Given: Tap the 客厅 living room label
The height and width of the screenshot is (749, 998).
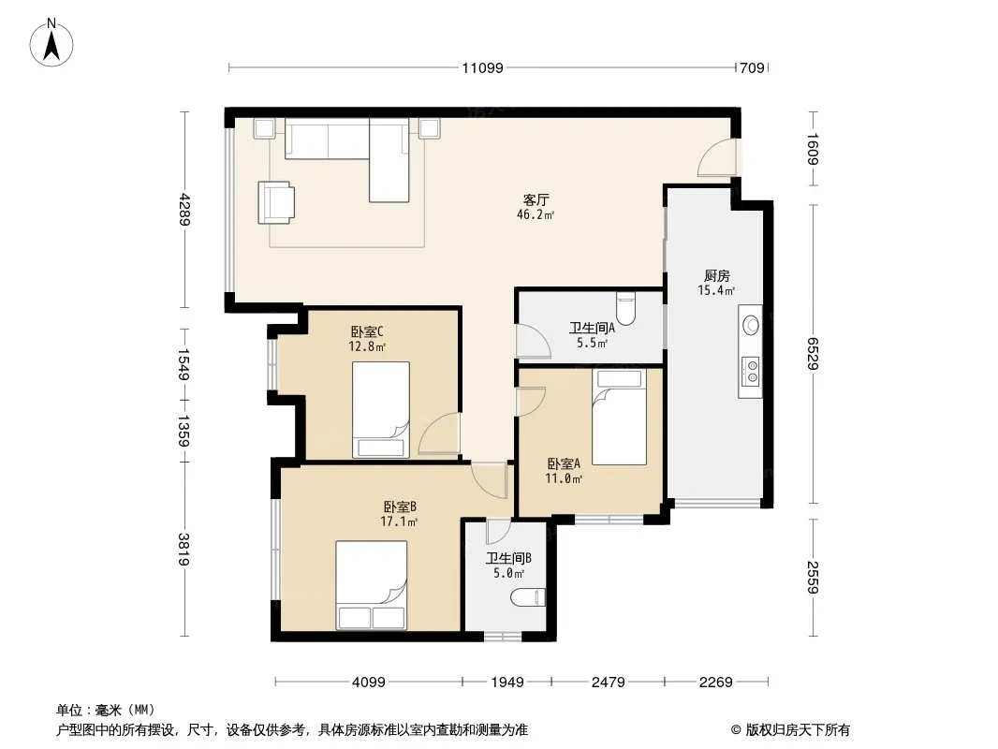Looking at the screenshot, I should pos(536,199).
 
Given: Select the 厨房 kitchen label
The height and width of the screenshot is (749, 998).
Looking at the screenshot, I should pos(716,276).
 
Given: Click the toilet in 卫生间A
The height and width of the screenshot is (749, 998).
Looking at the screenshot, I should pos(626,308).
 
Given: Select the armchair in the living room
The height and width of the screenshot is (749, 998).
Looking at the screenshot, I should pos(277,201).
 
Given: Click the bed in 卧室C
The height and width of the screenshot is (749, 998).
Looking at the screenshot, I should pos(381,410).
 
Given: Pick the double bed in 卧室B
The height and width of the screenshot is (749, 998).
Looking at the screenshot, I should pos(372,586).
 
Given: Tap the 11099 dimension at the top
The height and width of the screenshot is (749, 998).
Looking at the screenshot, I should pos(482,67).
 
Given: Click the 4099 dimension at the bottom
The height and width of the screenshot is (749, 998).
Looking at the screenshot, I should pos(369,683).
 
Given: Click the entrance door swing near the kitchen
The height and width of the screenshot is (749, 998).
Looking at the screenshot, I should pos(716,157).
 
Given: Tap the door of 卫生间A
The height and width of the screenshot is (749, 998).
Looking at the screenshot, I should pos(533,342).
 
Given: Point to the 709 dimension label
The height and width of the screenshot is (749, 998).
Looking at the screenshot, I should pos(752,67).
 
